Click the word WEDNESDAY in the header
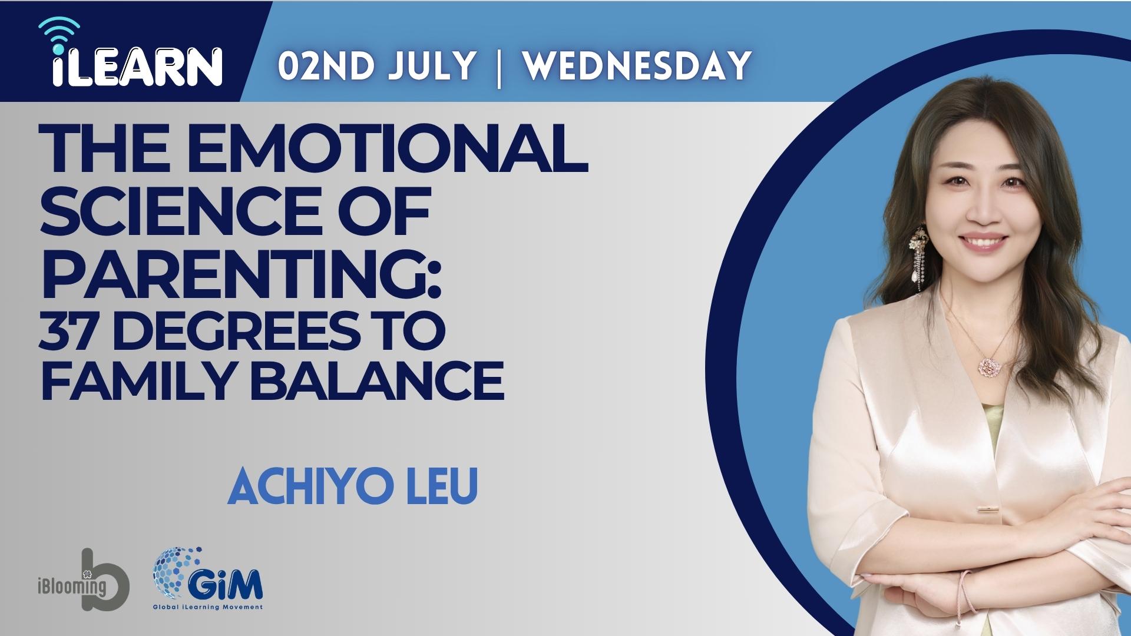pos(637,65)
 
